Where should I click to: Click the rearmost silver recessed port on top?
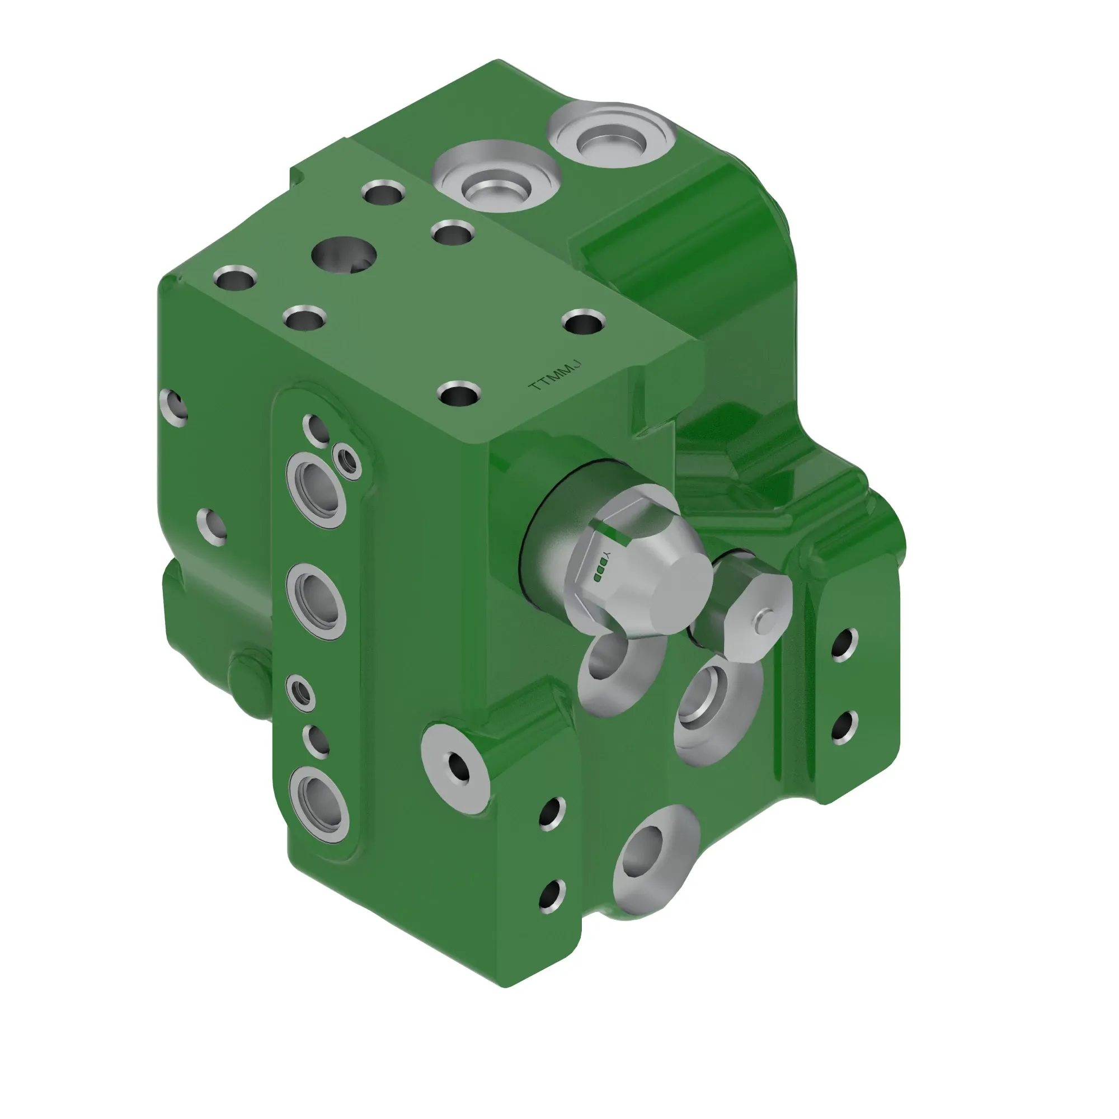point(612,135)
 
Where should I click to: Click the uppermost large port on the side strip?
point(316,490)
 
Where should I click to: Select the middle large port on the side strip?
point(316,600)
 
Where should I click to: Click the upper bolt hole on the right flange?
point(844,644)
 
